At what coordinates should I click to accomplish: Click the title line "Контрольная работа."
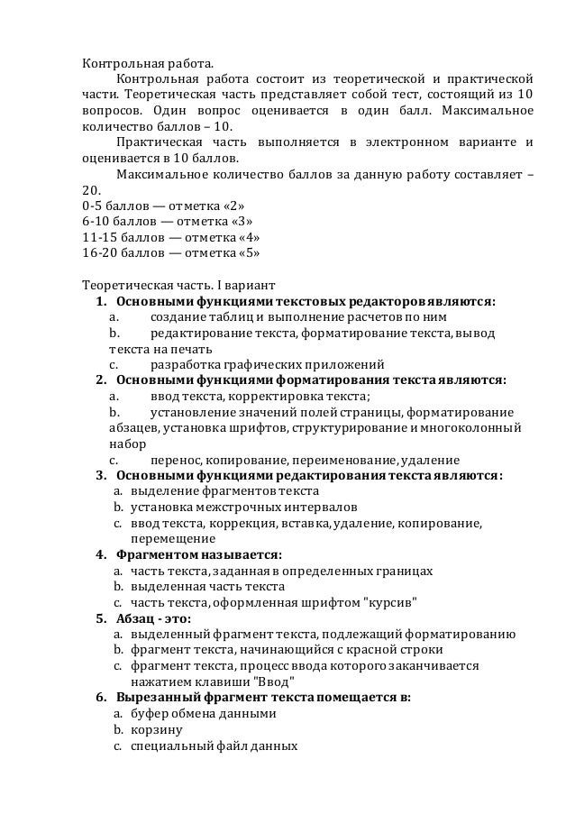149,65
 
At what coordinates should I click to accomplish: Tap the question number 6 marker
101,697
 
